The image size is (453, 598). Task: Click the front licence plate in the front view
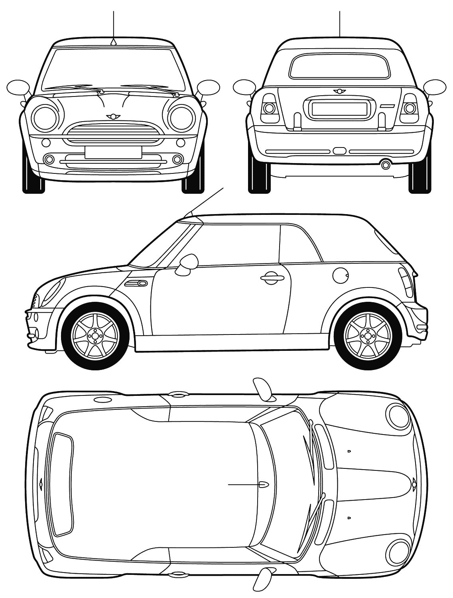[113, 152]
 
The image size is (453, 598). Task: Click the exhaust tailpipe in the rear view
[385, 164]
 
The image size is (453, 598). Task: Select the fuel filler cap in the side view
[340, 275]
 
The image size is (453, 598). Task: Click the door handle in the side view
[270, 278]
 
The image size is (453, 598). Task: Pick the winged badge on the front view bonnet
[113, 116]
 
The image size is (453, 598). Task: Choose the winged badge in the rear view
[340, 91]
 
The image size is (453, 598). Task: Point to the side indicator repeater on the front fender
[136, 283]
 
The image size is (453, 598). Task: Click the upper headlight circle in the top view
[398, 416]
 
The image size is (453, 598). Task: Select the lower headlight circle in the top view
[398, 552]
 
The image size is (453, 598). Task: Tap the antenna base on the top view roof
[264, 484]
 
